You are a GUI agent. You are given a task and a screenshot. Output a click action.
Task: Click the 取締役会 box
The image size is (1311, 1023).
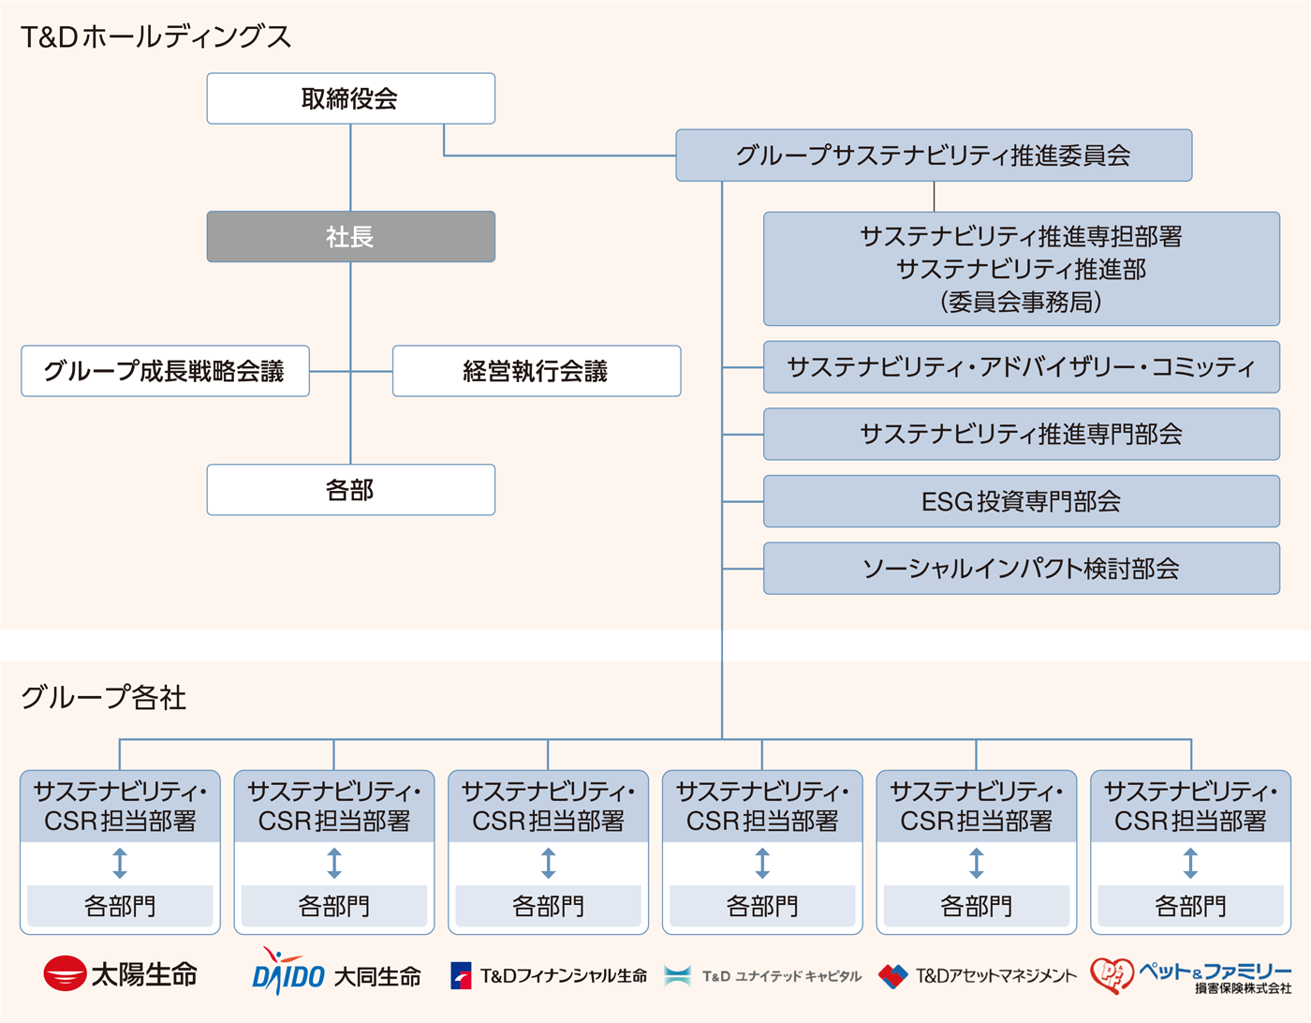(350, 98)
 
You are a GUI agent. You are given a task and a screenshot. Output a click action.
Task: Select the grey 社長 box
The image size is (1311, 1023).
(350, 236)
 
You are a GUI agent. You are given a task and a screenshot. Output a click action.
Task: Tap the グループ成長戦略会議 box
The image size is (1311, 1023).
(165, 371)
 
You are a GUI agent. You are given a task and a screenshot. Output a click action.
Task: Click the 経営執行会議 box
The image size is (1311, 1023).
(536, 371)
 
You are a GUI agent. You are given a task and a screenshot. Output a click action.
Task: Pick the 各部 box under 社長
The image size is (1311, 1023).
(350, 490)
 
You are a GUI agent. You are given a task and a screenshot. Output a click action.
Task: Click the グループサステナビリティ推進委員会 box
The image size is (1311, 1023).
(933, 156)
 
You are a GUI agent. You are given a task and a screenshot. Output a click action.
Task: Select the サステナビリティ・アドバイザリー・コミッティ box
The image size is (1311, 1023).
(1021, 367)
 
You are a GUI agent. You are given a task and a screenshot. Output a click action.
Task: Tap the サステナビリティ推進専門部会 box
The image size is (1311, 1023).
(1021, 434)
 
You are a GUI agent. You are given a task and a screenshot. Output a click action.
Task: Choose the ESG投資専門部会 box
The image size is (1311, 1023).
(1021, 501)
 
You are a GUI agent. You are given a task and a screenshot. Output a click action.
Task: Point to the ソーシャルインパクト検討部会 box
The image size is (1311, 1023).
(1021, 569)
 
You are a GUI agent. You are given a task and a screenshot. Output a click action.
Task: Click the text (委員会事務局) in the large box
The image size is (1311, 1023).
(1021, 302)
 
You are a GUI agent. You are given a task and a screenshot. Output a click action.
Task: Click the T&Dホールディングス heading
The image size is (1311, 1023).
(155, 37)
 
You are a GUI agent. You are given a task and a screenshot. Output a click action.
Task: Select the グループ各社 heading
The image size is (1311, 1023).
(103, 697)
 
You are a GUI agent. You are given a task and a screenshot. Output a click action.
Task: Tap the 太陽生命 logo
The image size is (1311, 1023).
(120, 974)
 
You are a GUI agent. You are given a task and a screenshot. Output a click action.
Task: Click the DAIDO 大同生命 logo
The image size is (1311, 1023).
(335, 974)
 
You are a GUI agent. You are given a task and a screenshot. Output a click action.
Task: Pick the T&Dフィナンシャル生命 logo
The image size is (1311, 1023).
(549, 976)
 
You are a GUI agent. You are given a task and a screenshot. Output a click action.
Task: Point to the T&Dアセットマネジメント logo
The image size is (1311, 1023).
(978, 976)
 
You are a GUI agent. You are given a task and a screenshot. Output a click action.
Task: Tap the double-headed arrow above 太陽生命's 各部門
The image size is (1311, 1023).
(120, 863)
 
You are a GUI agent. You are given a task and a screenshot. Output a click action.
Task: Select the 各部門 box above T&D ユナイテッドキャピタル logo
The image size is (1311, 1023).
(762, 906)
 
